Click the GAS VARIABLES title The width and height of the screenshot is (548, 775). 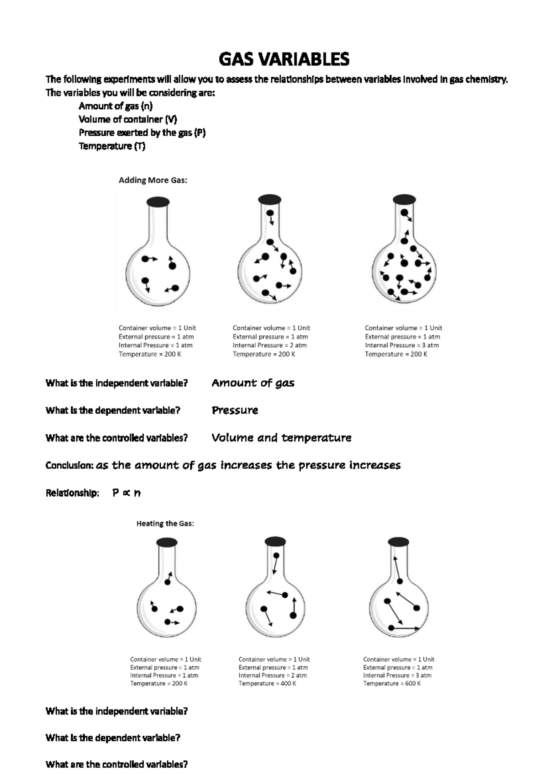[284, 59]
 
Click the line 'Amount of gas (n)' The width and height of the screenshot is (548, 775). [116, 106]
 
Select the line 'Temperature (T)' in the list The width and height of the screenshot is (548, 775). [112, 146]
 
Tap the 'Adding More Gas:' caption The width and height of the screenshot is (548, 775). [153, 180]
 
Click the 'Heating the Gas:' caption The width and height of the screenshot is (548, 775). [165, 523]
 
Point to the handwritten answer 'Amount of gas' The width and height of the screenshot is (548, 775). [253, 383]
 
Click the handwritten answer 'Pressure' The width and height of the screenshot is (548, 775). [235, 410]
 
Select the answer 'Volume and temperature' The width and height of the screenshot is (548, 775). [281, 438]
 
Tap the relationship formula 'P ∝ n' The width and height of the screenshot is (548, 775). [126, 493]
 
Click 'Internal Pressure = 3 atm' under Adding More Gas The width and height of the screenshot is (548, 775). [401, 345]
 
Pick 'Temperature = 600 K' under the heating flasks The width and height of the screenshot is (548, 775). [392, 684]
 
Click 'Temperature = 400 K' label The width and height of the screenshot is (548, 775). [267, 684]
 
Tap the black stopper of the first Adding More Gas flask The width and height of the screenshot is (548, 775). [158, 202]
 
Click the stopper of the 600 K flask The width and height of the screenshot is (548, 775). [398, 542]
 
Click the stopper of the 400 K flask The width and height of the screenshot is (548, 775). [275, 542]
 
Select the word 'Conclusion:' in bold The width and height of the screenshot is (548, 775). [69, 466]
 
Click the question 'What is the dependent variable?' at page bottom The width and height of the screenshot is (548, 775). [113, 738]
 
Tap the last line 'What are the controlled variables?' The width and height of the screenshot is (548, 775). [116, 764]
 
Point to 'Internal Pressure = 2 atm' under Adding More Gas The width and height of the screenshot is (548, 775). [269, 345]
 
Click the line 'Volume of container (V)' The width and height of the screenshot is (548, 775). [128, 119]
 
